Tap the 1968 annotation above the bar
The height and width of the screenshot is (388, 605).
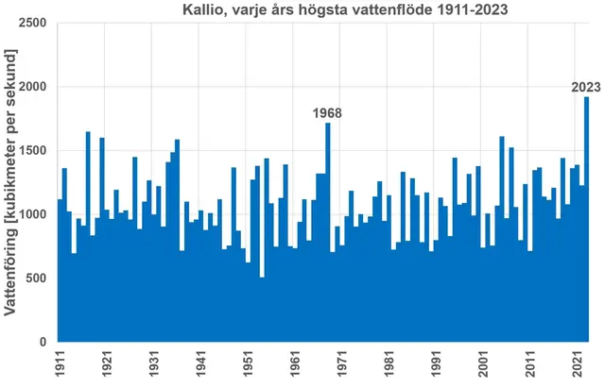click(327, 113)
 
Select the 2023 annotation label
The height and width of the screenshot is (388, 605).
click(586, 88)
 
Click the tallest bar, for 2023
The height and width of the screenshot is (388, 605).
click(586, 222)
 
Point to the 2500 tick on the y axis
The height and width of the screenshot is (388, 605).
click(35, 23)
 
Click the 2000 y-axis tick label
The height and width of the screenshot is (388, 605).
click(35, 87)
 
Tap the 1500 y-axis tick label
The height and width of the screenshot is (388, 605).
click(35, 151)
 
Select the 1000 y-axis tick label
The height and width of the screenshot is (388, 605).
click(35, 214)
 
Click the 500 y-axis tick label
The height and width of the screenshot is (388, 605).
click(39, 278)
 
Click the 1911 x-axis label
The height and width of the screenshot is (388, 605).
click(60, 363)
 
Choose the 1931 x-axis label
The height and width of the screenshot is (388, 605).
click(153, 363)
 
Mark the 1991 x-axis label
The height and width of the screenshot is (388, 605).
click(436, 363)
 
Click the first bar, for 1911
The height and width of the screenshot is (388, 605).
click(60, 274)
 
